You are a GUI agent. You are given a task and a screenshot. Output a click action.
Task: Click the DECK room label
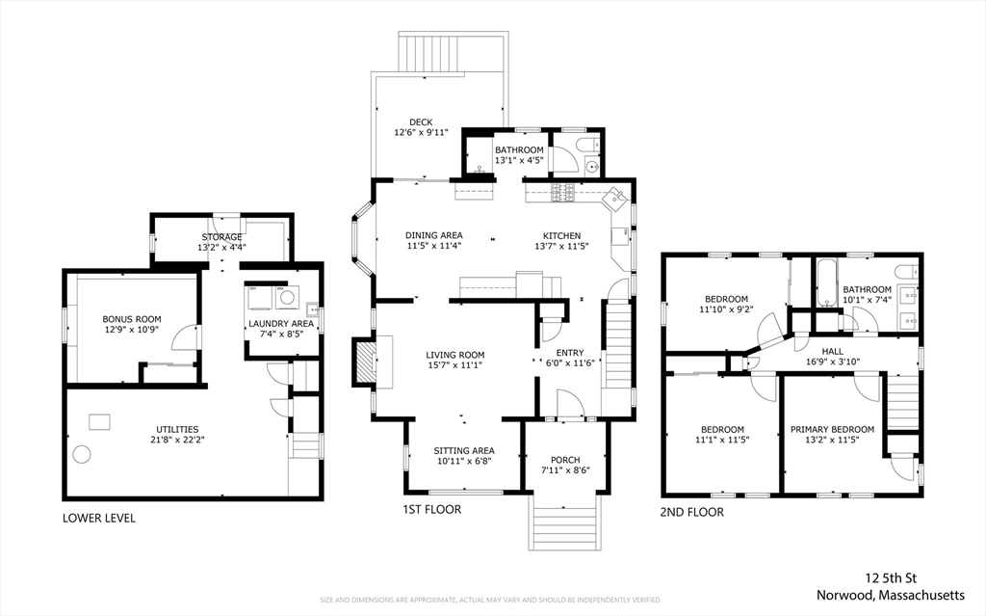click(421, 122)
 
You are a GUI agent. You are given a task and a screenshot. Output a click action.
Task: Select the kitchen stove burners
click(562, 193)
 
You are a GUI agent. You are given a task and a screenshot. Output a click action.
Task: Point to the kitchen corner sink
click(613, 199)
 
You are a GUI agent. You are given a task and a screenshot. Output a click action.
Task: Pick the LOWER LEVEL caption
click(99, 519)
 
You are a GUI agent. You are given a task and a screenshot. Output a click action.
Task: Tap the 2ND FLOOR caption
click(691, 512)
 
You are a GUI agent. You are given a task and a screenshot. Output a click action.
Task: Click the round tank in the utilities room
click(82, 454)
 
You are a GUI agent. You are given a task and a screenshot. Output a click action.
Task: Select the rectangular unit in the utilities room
click(99, 422)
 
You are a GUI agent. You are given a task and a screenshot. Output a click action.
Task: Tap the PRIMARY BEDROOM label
click(832, 430)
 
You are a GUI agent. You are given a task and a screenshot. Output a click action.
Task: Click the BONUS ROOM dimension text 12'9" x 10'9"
click(131, 330)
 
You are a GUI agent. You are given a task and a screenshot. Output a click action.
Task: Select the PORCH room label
click(565, 460)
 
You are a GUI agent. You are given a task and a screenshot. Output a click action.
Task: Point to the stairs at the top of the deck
click(453, 52)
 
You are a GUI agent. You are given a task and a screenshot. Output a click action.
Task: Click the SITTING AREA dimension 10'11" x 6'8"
click(463, 461)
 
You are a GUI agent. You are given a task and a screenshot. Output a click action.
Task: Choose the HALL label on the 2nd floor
click(832, 352)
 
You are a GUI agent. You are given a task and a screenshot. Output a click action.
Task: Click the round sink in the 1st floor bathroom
click(591, 167)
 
